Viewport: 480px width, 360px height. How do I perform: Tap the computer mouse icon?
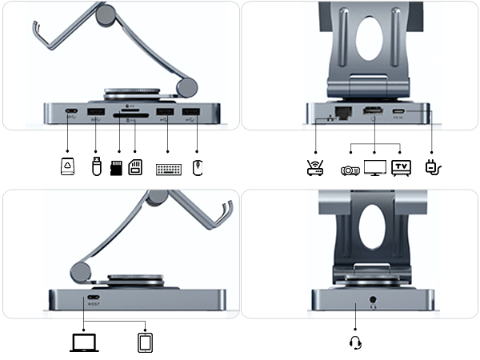[x=198, y=168]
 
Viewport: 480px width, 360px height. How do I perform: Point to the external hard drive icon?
[x=68, y=168]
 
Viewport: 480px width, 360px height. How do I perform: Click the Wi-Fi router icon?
[x=315, y=168]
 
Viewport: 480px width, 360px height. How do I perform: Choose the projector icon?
[x=350, y=169]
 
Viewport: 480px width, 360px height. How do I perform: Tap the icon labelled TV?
[x=401, y=168]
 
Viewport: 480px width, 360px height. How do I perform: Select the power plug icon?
[x=434, y=167]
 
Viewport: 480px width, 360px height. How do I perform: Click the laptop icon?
[x=82, y=342]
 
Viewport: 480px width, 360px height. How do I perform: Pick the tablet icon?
[x=145, y=342]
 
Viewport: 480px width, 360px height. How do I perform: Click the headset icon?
[x=356, y=342]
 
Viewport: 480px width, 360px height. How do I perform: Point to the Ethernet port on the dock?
[x=342, y=111]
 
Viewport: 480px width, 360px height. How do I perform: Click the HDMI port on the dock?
[x=373, y=112]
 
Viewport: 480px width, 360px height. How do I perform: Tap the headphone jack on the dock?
[x=373, y=303]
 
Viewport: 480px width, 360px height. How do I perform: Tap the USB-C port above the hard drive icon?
[x=71, y=112]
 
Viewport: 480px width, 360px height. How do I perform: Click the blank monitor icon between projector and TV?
[x=375, y=168]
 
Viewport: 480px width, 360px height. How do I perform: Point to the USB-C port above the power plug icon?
[x=401, y=112]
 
